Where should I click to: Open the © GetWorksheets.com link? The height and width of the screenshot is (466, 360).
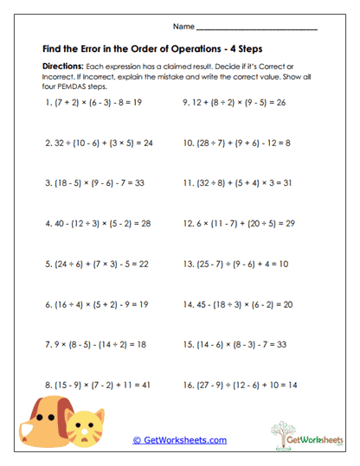180,440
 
